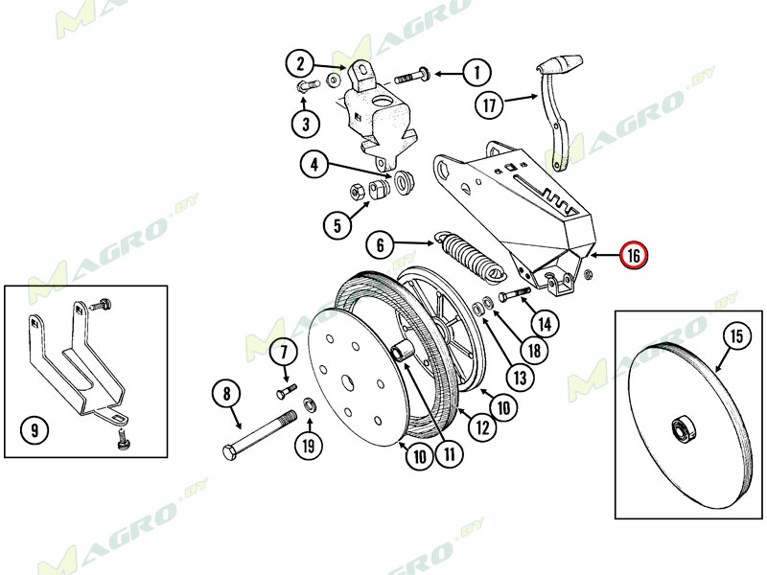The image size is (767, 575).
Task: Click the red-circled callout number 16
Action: [x=634, y=255]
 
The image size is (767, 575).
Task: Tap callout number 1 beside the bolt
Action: [x=476, y=74]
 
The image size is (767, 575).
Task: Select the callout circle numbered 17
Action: [x=490, y=105]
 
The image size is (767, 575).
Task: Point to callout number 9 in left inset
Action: [x=35, y=429]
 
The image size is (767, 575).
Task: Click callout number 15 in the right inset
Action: [x=736, y=336]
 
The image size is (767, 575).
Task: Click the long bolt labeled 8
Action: [x=260, y=432]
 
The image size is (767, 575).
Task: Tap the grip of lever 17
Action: [x=560, y=63]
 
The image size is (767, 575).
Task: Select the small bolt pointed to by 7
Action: [x=287, y=391]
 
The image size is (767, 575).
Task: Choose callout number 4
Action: [x=314, y=164]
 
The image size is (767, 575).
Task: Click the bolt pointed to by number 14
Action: [x=515, y=294]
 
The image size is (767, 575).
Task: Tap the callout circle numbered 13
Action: [x=520, y=377]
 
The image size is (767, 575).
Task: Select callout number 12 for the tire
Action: [x=483, y=426]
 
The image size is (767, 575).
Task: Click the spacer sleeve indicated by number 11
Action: [x=401, y=352]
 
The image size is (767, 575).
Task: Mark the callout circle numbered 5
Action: [x=337, y=225]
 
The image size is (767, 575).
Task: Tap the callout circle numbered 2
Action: [x=299, y=64]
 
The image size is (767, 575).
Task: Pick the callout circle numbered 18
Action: [x=535, y=350]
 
